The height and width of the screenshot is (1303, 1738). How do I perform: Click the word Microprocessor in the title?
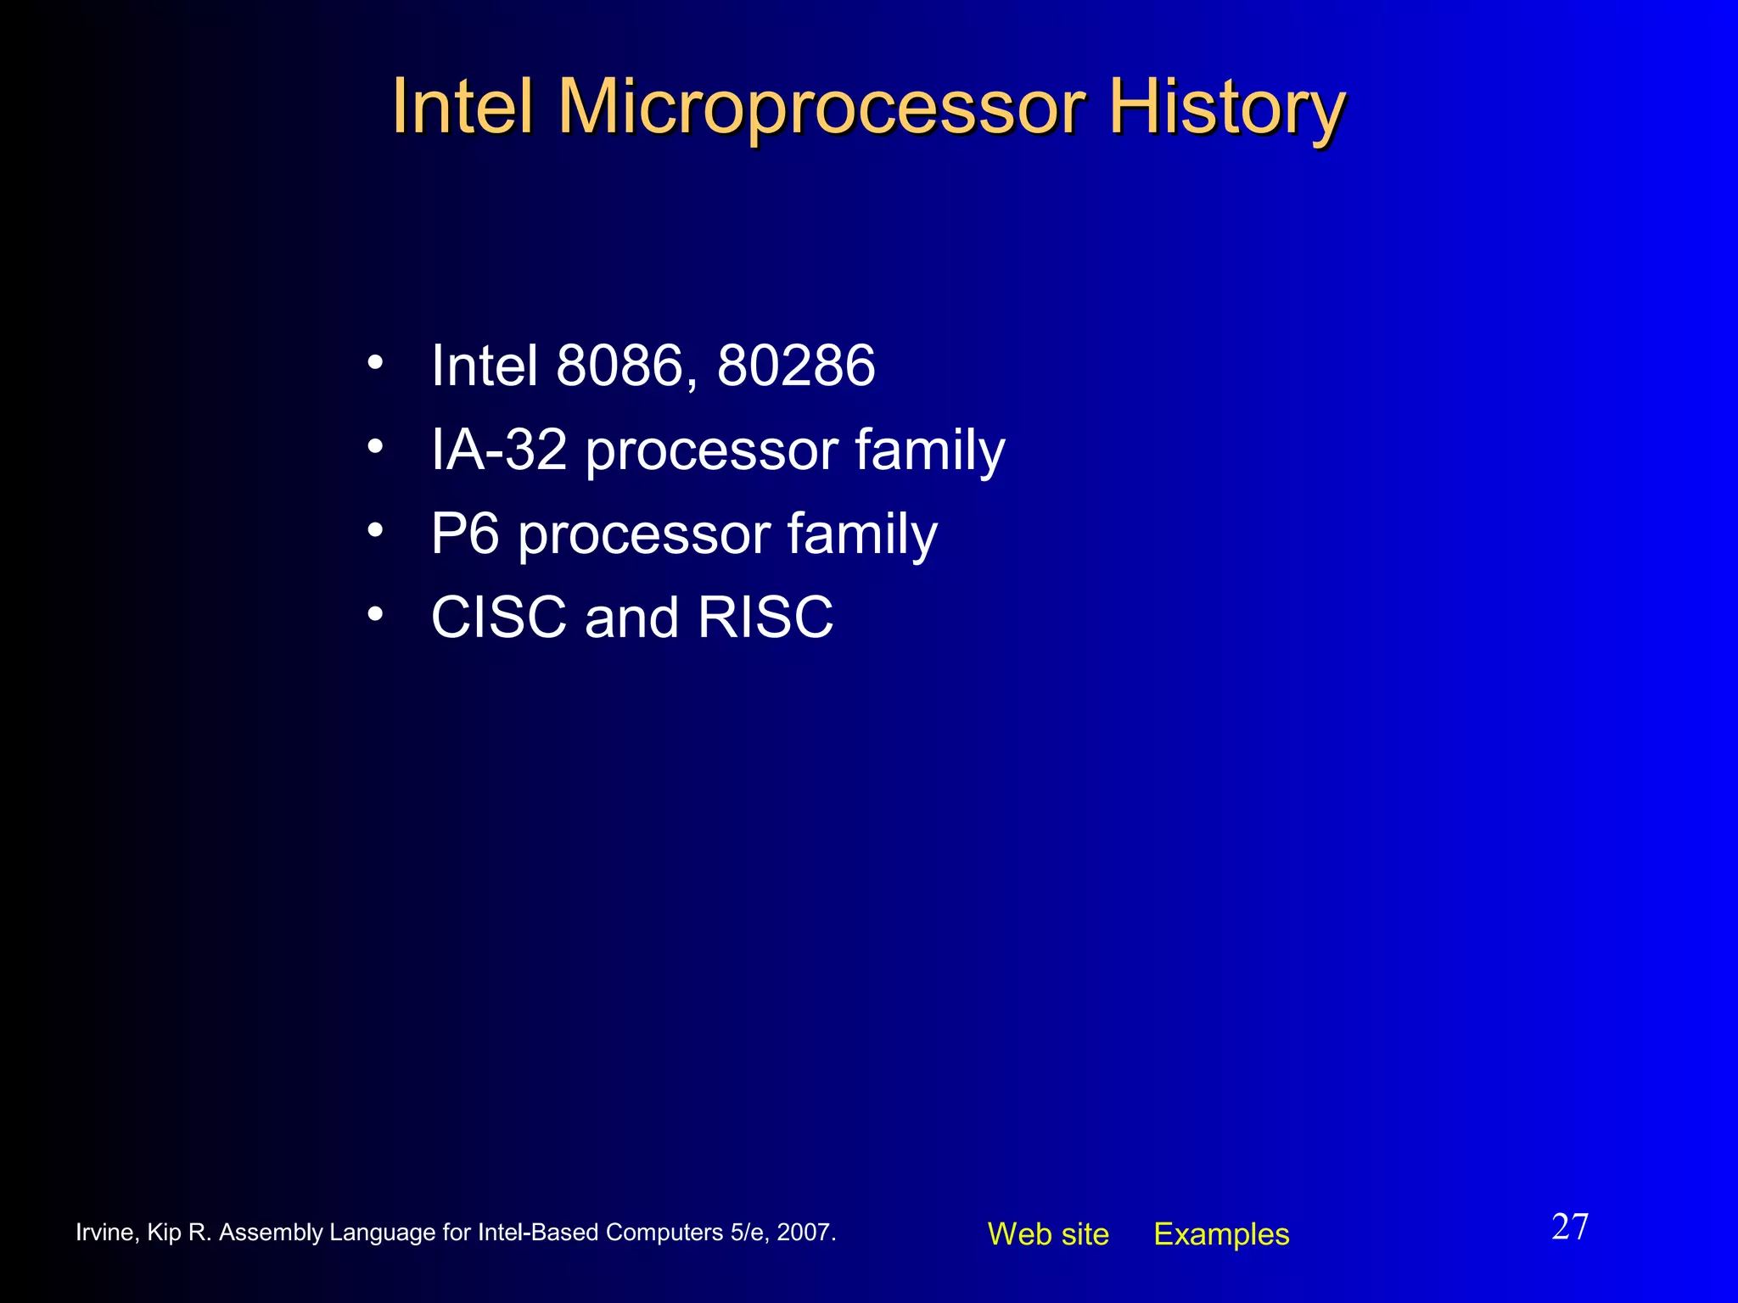[821, 107]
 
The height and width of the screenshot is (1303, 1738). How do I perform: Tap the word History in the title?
[1227, 107]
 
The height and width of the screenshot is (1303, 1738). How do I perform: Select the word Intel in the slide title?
[463, 107]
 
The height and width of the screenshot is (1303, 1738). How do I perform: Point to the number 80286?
[796, 366]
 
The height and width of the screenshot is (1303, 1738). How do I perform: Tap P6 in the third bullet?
[464, 534]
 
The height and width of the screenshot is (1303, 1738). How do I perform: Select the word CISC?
[499, 617]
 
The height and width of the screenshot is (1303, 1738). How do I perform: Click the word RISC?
[765, 617]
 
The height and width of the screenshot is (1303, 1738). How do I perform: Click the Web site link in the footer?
[1048, 1234]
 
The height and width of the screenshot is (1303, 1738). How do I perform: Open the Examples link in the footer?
[1221, 1234]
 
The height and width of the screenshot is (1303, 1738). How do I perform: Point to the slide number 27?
[1570, 1227]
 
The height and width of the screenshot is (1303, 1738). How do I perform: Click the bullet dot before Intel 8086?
[375, 363]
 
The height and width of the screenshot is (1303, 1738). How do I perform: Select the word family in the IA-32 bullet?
[929, 450]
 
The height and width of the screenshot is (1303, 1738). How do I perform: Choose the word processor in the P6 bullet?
[644, 535]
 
